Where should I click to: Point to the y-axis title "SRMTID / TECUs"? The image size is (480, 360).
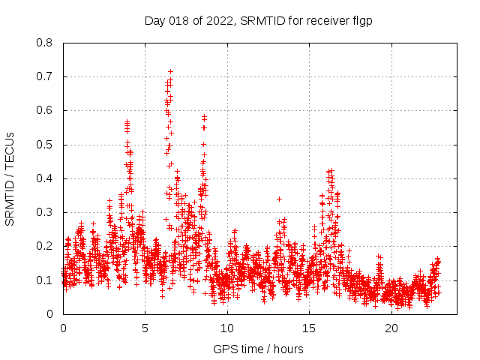pos(10,178)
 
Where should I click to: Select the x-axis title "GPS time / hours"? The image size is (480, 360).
pos(258,349)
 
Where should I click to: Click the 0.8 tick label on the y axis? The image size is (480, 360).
pos(46,43)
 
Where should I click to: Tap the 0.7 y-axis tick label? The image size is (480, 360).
pos(46,76)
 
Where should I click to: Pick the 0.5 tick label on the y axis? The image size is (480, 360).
pos(46,144)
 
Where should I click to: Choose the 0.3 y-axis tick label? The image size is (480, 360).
pos(46,212)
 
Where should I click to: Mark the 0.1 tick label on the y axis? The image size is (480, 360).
pos(46,280)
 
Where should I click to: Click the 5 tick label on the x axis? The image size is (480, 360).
pos(145,328)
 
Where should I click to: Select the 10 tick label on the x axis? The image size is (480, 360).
pos(227,328)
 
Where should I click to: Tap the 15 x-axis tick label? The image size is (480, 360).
pos(309,328)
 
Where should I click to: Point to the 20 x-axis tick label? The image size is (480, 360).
pos(391,328)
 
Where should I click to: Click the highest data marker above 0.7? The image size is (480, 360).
pos(170,71)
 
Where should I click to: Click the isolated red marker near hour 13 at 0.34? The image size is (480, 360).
pos(279,199)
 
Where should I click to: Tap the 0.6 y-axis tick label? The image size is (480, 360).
pos(46,110)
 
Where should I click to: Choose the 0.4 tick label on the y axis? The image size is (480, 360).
pos(46,178)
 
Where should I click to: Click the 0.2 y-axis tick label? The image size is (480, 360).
pos(46,246)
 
